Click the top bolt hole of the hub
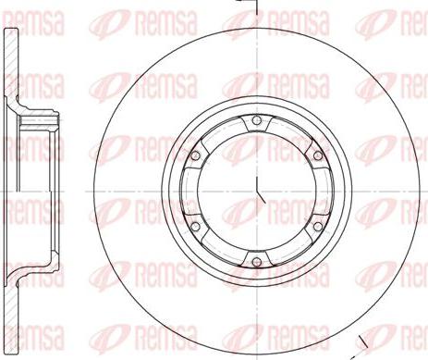[x=256, y=120]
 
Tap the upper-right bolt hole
[x=318, y=155]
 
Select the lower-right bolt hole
[x=318, y=227]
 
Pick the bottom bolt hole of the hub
[x=256, y=262]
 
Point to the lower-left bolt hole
[x=195, y=227]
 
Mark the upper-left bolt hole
[x=195, y=155]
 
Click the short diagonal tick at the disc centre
[x=261, y=197]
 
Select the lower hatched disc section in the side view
[x=11, y=317]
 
